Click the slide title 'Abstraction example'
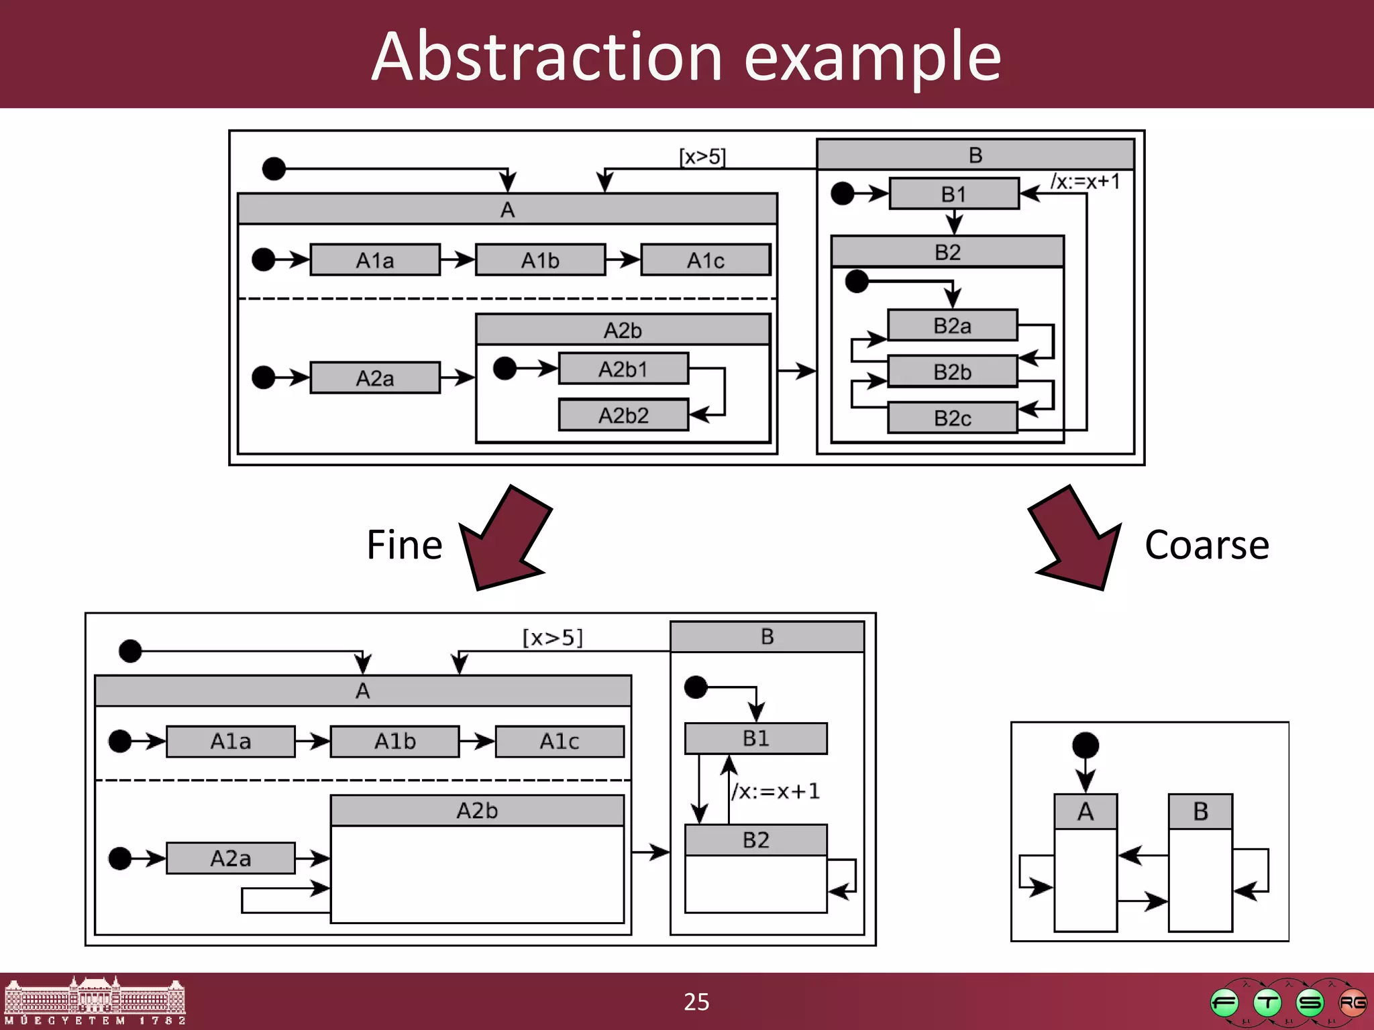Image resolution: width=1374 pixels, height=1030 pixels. (686, 56)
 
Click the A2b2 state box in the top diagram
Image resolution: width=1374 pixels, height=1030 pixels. (623, 415)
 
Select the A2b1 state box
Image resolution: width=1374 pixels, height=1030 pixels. (623, 369)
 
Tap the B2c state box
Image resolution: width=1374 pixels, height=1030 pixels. (952, 418)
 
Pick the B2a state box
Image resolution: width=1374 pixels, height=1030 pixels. (952, 326)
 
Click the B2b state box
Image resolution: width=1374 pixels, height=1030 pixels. (952, 371)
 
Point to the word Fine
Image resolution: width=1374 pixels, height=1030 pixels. (404, 545)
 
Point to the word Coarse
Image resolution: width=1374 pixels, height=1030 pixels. (1206, 545)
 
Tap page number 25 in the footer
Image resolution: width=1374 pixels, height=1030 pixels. (696, 1002)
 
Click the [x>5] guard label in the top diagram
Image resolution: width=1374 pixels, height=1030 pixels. (702, 157)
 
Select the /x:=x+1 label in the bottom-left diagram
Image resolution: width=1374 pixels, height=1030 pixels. (776, 791)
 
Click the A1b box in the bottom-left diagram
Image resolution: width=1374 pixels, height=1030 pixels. (394, 741)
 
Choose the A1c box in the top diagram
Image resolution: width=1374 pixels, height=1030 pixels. (705, 260)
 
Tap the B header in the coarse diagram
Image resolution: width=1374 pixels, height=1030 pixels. (1200, 811)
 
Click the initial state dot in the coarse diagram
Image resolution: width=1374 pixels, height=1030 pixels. (1086, 745)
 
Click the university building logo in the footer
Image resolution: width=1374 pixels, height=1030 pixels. (94, 1000)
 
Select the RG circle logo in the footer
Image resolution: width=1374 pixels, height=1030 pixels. (1352, 1003)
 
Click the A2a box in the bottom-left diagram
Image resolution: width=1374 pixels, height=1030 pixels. (230, 858)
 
